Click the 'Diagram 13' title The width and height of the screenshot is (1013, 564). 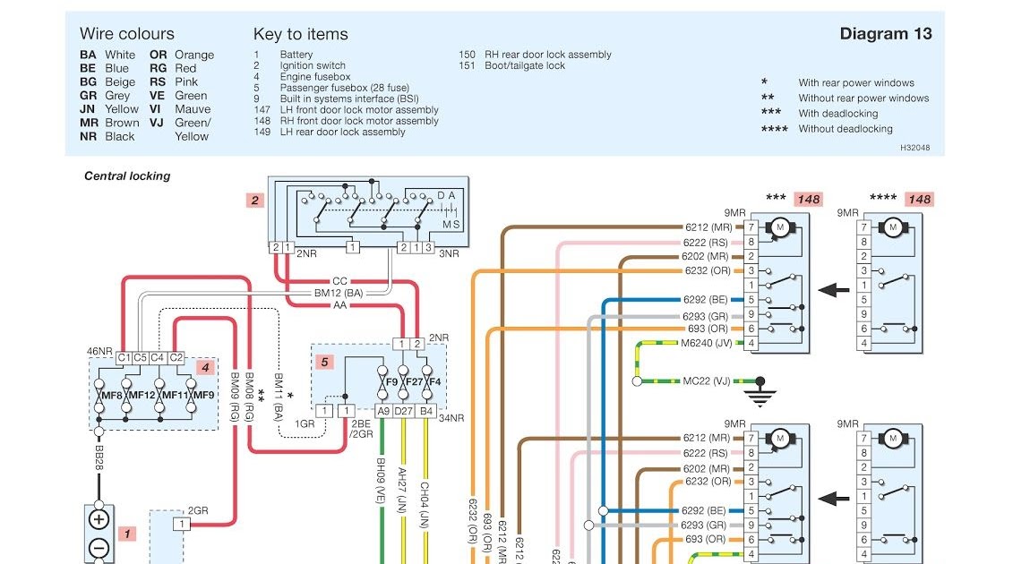coord(885,34)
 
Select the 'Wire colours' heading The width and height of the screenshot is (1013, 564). coord(127,34)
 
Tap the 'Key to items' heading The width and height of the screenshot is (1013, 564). coord(300,34)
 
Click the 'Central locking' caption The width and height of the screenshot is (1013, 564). coord(127,176)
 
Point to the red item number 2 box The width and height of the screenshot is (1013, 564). coord(255,201)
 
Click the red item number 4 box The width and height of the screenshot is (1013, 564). coord(205,366)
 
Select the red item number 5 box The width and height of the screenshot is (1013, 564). coord(325,362)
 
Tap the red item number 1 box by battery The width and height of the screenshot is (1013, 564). coord(127,534)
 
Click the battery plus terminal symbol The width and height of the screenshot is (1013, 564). coord(99,520)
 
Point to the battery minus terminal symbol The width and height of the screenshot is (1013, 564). coord(99,548)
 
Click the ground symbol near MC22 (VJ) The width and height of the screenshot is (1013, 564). coord(760,392)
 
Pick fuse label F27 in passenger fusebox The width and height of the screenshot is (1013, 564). coord(412,382)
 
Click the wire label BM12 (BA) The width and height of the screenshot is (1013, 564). coord(339,294)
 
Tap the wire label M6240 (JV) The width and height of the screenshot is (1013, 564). coord(706,343)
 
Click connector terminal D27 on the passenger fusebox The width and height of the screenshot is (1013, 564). coord(404,411)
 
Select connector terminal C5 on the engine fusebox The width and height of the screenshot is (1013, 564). coord(140,358)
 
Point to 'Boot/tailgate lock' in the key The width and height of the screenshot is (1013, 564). coord(525,65)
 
